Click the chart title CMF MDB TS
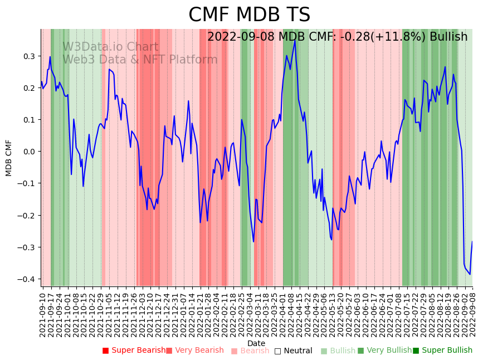249,15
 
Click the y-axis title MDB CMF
9,158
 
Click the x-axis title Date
256,343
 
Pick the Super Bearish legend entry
134,351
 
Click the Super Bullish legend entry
442,351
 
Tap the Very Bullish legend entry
385,351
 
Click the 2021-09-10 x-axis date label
43,314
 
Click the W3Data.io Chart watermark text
110,47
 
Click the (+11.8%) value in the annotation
394,37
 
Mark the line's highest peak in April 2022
295,40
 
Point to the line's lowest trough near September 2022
470,274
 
